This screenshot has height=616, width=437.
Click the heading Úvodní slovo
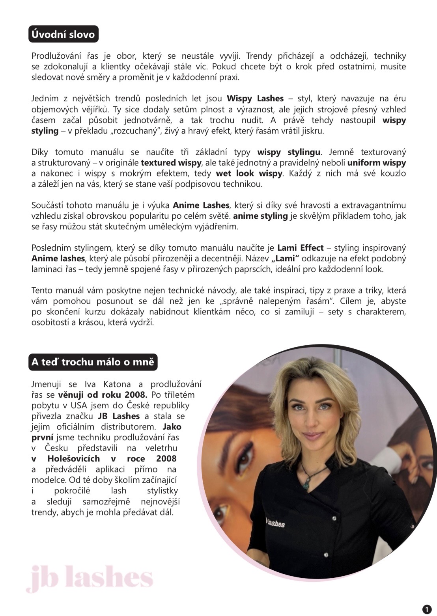tap(63, 34)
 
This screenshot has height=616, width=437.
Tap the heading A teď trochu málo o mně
tap(93, 361)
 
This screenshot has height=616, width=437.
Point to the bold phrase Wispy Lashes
tap(255, 99)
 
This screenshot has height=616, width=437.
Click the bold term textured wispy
tap(171, 163)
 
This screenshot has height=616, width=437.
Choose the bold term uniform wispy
tap(376, 163)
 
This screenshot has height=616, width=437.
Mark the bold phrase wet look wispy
tap(249, 173)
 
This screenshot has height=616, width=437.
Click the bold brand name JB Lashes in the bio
tap(119, 416)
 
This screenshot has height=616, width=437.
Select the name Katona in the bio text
tap(114, 384)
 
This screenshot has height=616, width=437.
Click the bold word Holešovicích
tap(73, 459)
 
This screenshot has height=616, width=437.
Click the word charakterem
tap(381, 312)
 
